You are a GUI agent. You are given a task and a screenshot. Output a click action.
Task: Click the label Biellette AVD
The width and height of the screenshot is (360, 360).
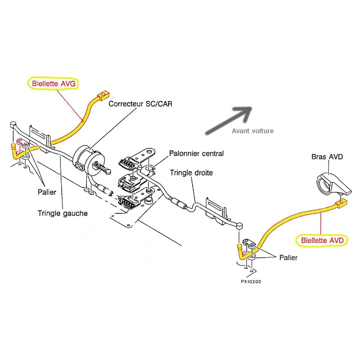pos(322,240)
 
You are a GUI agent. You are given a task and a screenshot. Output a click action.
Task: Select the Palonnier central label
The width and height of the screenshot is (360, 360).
pos(196,154)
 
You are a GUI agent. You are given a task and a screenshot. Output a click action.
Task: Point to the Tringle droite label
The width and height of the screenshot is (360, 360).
pos(191,172)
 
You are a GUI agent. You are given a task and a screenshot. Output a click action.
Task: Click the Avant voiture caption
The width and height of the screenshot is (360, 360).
pos(252,131)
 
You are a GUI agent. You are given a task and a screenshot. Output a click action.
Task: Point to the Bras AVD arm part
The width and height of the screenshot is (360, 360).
pos(331,183)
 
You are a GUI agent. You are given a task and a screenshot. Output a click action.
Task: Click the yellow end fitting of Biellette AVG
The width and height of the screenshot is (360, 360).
pos(103,95)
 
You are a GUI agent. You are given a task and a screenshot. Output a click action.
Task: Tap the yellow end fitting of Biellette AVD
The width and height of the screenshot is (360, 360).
pos(342,204)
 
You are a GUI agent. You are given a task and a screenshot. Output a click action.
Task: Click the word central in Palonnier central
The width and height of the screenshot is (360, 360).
pos(212,154)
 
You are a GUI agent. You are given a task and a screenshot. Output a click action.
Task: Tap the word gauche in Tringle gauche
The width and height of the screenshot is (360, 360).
pos(76,213)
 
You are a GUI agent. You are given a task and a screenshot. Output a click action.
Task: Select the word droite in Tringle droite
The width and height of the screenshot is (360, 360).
pos(202,172)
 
